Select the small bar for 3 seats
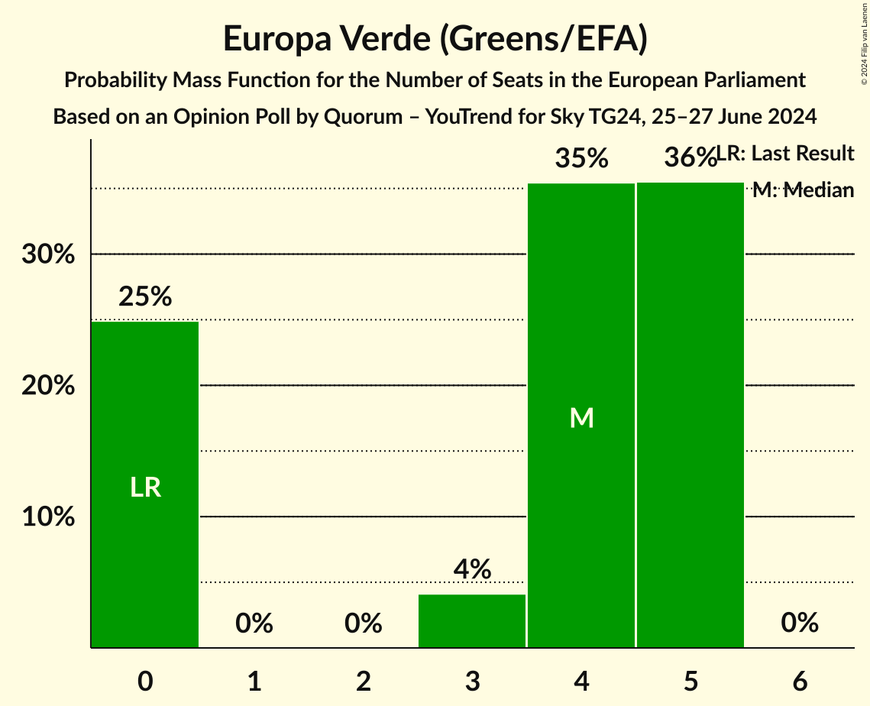(x=472, y=620)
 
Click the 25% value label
(x=145, y=296)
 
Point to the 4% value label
(x=472, y=569)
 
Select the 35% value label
(x=581, y=159)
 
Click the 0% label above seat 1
(x=254, y=623)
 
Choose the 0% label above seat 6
(x=800, y=623)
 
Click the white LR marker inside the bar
(x=145, y=487)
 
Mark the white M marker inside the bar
(x=581, y=417)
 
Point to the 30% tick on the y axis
(x=48, y=254)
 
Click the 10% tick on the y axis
(x=48, y=517)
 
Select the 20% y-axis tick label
(x=48, y=386)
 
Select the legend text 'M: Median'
(x=803, y=190)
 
